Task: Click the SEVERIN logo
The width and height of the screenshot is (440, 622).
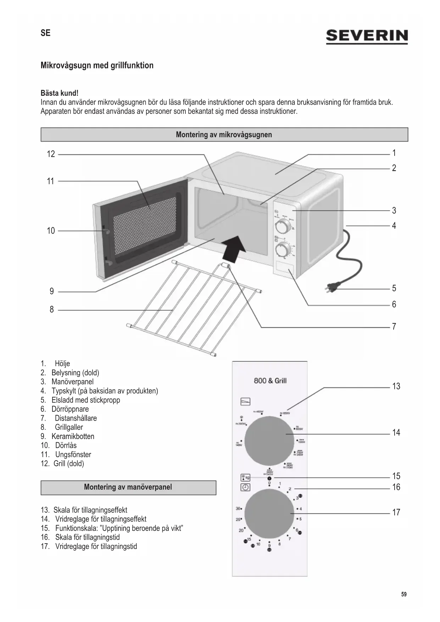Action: (367, 36)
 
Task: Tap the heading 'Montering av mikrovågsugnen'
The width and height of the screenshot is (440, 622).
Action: (224, 135)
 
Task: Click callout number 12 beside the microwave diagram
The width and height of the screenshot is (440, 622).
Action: (51, 154)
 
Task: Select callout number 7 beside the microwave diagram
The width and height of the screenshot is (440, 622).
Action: (394, 327)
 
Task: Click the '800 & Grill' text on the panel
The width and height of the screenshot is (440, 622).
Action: (270, 381)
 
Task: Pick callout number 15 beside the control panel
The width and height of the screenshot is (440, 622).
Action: (396, 476)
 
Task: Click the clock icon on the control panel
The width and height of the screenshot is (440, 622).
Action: (245, 488)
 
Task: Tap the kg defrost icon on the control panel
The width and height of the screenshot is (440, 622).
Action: (245, 477)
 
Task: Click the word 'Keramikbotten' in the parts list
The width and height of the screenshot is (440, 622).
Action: (73, 437)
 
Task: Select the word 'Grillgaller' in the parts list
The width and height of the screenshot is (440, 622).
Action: (69, 427)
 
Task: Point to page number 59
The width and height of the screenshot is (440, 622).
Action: (404, 594)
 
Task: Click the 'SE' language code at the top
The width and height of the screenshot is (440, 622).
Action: (45, 33)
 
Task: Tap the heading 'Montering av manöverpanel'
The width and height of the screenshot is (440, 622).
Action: (128, 487)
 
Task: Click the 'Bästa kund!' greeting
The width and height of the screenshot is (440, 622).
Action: (60, 93)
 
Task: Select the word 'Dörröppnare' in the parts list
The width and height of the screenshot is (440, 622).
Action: (70, 409)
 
